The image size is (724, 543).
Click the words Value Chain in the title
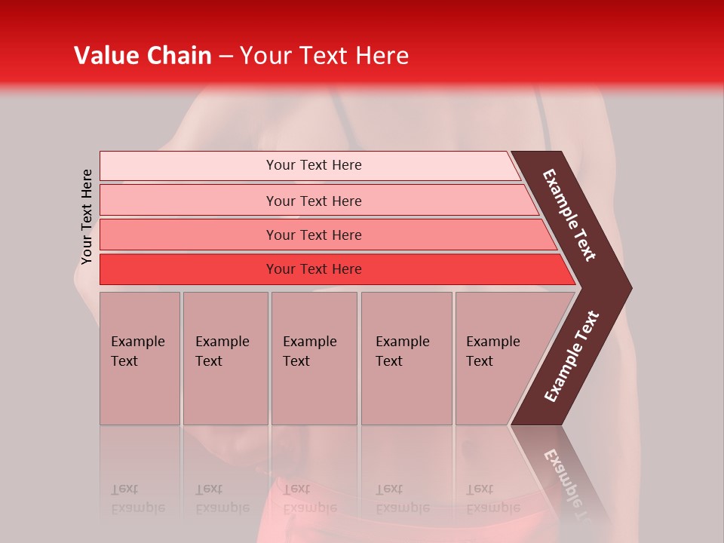pos(143,56)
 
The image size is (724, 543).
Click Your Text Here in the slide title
pos(324,56)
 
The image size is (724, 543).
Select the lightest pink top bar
pos(313,165)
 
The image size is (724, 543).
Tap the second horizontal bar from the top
pos(313,201)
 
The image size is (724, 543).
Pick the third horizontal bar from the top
pos(313,235)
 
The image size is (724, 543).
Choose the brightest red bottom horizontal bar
pos(313,269)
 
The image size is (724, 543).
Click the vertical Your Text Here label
pos(87,216)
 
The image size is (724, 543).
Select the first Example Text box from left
pos(140,357)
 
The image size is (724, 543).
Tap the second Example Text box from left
pos(225,357)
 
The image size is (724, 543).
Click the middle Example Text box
pos(314,357)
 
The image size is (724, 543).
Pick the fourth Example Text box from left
pos(406,357)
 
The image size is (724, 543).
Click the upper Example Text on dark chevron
pos(569,215)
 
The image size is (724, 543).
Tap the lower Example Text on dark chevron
pos(572,357)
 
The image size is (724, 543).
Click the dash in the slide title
pos(225,56)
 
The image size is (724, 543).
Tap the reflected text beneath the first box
pos(137,499)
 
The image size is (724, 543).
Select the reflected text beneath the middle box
pos(309,499)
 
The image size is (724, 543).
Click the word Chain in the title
pos(179,56)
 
